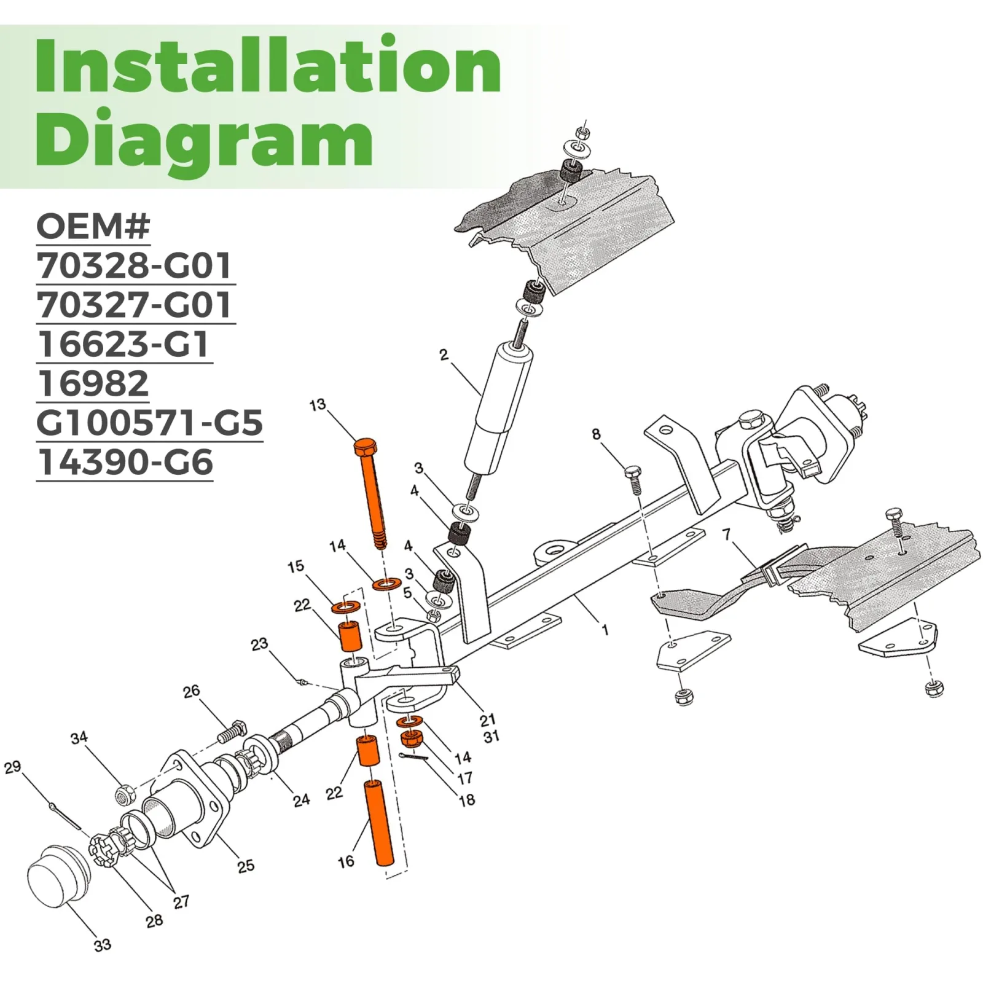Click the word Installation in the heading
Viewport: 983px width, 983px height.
coord(268,66)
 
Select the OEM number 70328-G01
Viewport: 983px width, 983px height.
coord(134,265)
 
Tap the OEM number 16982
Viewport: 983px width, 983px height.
coord(93,383)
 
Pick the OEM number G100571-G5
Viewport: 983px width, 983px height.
coord(150,423)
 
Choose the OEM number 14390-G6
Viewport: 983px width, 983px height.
coord(125,462)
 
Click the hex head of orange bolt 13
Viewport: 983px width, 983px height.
coord(365,446)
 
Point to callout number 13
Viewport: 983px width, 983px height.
coord(317,405)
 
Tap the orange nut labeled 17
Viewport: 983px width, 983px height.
coord(410,737)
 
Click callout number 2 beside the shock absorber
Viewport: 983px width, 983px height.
coord(444,354)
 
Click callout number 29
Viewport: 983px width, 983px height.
coord(13,767)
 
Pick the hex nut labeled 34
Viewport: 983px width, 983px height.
coord(125,794)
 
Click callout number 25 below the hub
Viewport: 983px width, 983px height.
coord(246,866)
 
